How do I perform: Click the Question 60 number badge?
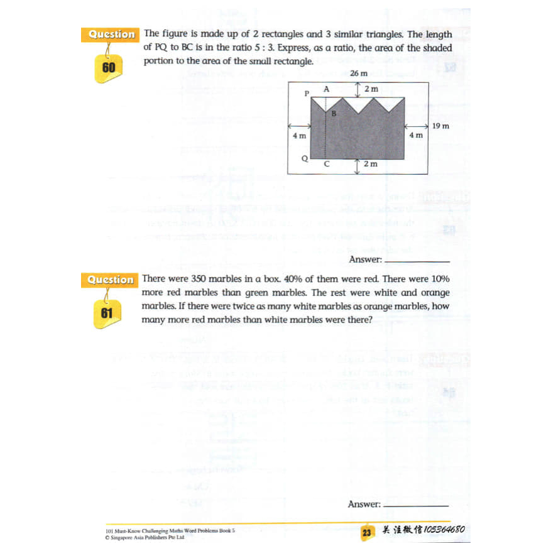(x=109, y=67)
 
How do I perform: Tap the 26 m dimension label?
(x=358, y=74)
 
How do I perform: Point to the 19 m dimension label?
(x=441, y=126)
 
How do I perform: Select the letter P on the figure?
(x=307, y=94)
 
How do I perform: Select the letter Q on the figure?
(x=305, y=158)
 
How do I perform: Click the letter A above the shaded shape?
(x=326, y=89)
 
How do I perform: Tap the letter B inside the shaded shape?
(x=334, y=114)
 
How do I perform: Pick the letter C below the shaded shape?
(x=326, y=163)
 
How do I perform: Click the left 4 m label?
(x=299, y=135)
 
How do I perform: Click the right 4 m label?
(x=416, y=135)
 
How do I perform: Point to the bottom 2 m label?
(x=371, y=164)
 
